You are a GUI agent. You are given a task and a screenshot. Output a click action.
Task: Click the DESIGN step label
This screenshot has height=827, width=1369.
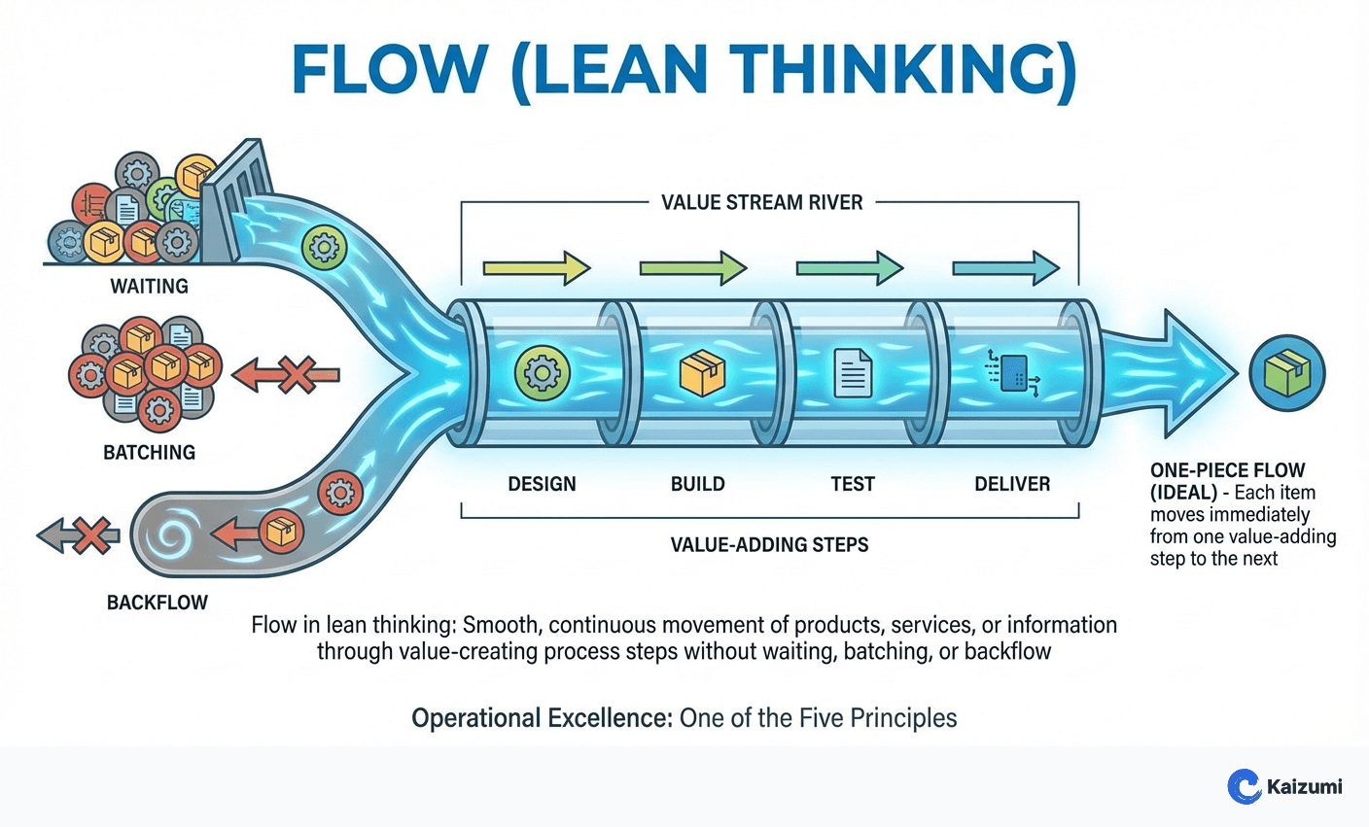[x=542, y=484]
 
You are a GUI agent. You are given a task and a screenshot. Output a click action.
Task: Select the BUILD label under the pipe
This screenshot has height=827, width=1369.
[x=697, y=484]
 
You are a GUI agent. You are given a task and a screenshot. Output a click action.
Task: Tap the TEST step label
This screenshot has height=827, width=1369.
[x=852, y=484]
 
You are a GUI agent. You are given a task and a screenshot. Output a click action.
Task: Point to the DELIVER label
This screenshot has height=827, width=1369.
[x=1012, y=484]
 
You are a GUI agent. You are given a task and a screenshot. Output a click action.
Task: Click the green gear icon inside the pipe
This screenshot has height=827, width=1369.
[x=541, y=373]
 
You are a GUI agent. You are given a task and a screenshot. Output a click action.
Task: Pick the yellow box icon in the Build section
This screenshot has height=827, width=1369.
[x=702, y=373]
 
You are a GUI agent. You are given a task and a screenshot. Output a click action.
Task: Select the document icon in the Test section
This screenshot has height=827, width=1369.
[x=853, y=373]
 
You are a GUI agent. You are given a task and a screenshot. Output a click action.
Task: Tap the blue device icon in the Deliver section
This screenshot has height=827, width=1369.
[x=1013, y=372]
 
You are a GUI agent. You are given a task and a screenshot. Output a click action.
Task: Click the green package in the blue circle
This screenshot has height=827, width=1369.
[x=1287, y=373]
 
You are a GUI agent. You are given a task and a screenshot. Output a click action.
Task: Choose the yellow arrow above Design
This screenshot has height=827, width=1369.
[x=537, y=267]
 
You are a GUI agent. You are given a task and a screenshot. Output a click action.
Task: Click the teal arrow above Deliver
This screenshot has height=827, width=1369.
[x=1005, y=267]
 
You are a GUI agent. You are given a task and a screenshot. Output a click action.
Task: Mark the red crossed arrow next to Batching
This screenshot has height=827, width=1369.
[x=287, y=374]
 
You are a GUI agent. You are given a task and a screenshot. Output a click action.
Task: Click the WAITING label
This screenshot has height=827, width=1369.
[x=149, y=287]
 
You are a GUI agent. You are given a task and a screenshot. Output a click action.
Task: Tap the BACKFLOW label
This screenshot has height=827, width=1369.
[x=157, y=603]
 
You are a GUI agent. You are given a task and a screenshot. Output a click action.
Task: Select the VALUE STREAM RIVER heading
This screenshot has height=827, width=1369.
[x=761, y=203]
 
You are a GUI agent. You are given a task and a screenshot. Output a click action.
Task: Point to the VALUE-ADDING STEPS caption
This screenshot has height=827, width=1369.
[x=769, y=544]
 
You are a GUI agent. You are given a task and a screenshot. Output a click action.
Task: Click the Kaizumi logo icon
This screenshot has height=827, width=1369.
[x=1244, y=786]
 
